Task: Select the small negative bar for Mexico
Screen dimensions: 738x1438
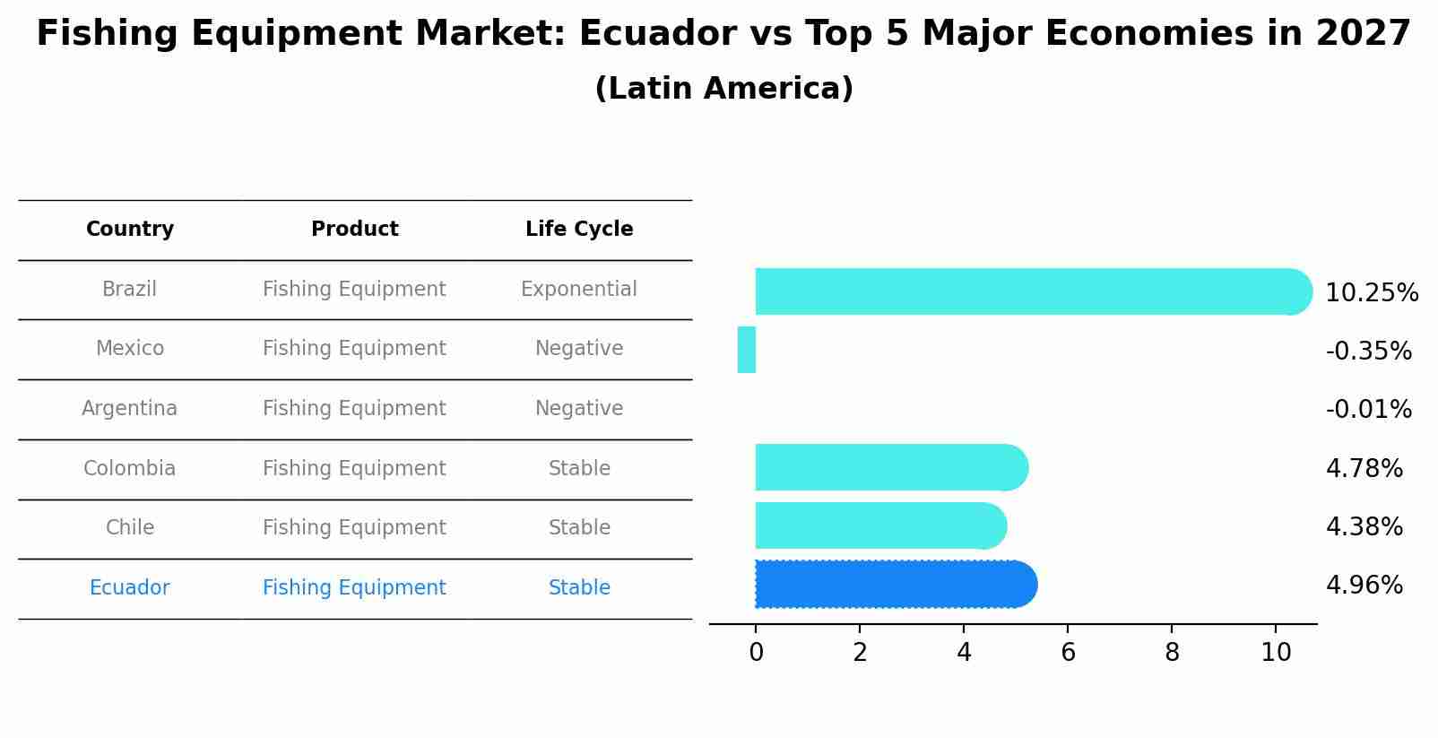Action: click(747, 350)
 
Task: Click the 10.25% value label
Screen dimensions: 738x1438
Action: click(1371, 293)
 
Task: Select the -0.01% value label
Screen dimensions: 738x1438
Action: click(1368, 410)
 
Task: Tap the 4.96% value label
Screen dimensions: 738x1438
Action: click(1364, 586)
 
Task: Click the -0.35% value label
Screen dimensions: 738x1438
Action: click(1368, 352)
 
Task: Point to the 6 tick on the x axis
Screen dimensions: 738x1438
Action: click(1068, 653)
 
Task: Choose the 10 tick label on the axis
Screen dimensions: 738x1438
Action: click(1276, 653)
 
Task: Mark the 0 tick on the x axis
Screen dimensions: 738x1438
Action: click(756, 653)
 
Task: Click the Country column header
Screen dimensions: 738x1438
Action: click(130, 230)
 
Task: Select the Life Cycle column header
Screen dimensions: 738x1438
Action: click(579, 230)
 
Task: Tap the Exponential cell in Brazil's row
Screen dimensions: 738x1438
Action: click(579, 290)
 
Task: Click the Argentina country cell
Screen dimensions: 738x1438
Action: click(130, 409)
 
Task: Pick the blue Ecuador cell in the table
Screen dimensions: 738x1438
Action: click(130, 588)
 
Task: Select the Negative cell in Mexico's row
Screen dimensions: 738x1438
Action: click(579, 349)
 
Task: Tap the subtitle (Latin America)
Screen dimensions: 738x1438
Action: click(723, 89)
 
